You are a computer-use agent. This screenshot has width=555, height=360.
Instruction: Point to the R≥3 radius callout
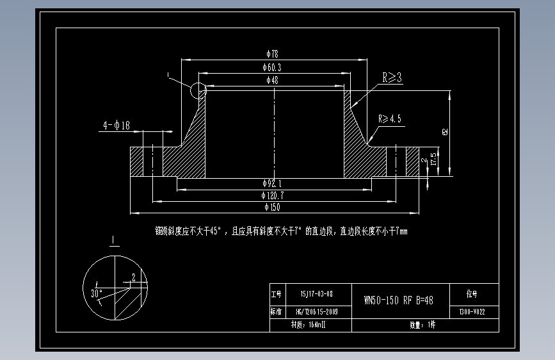[392, 78]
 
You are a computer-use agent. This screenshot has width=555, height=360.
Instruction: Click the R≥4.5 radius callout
[390, 119]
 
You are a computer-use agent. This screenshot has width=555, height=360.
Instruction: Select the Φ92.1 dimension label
[273, 183]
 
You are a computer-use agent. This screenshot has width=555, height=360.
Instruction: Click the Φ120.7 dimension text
[273, 195]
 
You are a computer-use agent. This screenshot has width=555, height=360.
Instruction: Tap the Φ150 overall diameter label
[272, 207]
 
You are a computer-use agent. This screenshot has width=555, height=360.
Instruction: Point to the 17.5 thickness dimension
[434, 159]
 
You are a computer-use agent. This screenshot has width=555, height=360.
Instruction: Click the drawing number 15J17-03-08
[316, 295]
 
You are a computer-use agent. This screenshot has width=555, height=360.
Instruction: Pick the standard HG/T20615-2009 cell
[317, 312]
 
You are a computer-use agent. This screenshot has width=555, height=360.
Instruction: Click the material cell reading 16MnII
[308, 325]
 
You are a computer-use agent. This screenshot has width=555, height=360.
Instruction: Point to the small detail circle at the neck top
[198, 91]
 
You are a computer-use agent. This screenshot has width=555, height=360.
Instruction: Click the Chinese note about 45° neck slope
[281, 231]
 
